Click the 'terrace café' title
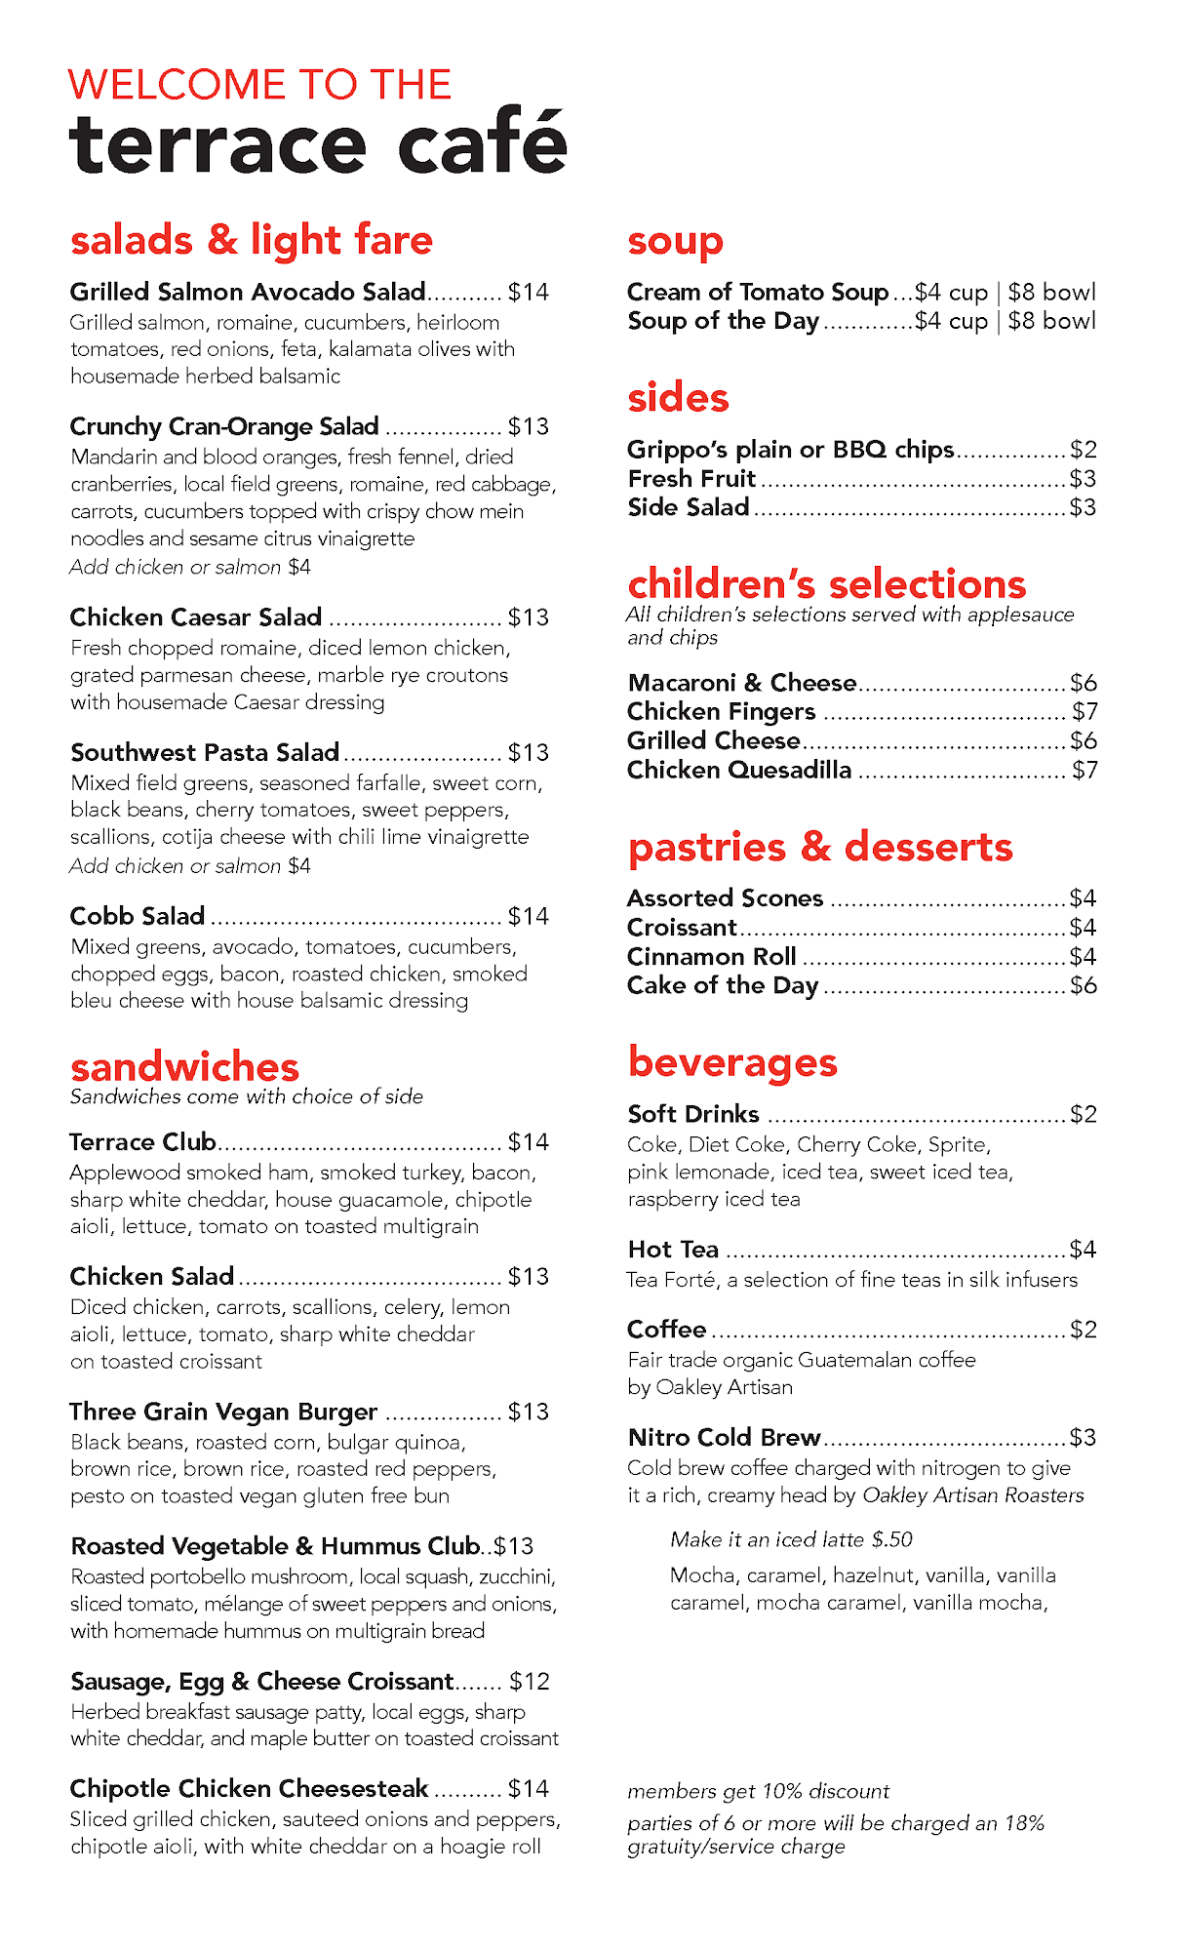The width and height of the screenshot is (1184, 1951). (318, 144)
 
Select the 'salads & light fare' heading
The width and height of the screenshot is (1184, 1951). (252, 240)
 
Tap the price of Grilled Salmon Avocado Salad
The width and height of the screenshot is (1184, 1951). (529, 293)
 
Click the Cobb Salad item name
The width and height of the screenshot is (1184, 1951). (138, 916)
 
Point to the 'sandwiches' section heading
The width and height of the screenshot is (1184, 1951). (184, 1066)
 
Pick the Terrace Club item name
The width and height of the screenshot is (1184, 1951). (142, 1141)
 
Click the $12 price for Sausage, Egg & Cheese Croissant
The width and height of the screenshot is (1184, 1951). (530, 1682)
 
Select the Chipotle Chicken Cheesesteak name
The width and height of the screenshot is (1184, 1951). (249, 1788)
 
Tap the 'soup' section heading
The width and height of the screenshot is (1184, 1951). (675, 241)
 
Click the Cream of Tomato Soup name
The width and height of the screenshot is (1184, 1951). (758, 293)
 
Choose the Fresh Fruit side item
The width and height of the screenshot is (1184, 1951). (691, 479)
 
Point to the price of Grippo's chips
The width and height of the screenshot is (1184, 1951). (1084, 450)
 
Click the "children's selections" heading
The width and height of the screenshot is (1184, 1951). (827, 583)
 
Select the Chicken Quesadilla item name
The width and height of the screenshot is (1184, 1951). (739, 770)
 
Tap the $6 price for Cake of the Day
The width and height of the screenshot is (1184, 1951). (1084, 985)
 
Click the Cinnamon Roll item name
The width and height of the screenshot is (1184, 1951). (712, 956)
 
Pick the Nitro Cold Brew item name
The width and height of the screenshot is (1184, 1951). (724, 1437)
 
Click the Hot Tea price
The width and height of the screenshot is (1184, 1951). (1084, 1250)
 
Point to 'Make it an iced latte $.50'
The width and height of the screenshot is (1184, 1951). (791, 1539)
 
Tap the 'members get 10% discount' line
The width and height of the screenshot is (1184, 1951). (758, 1791)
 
